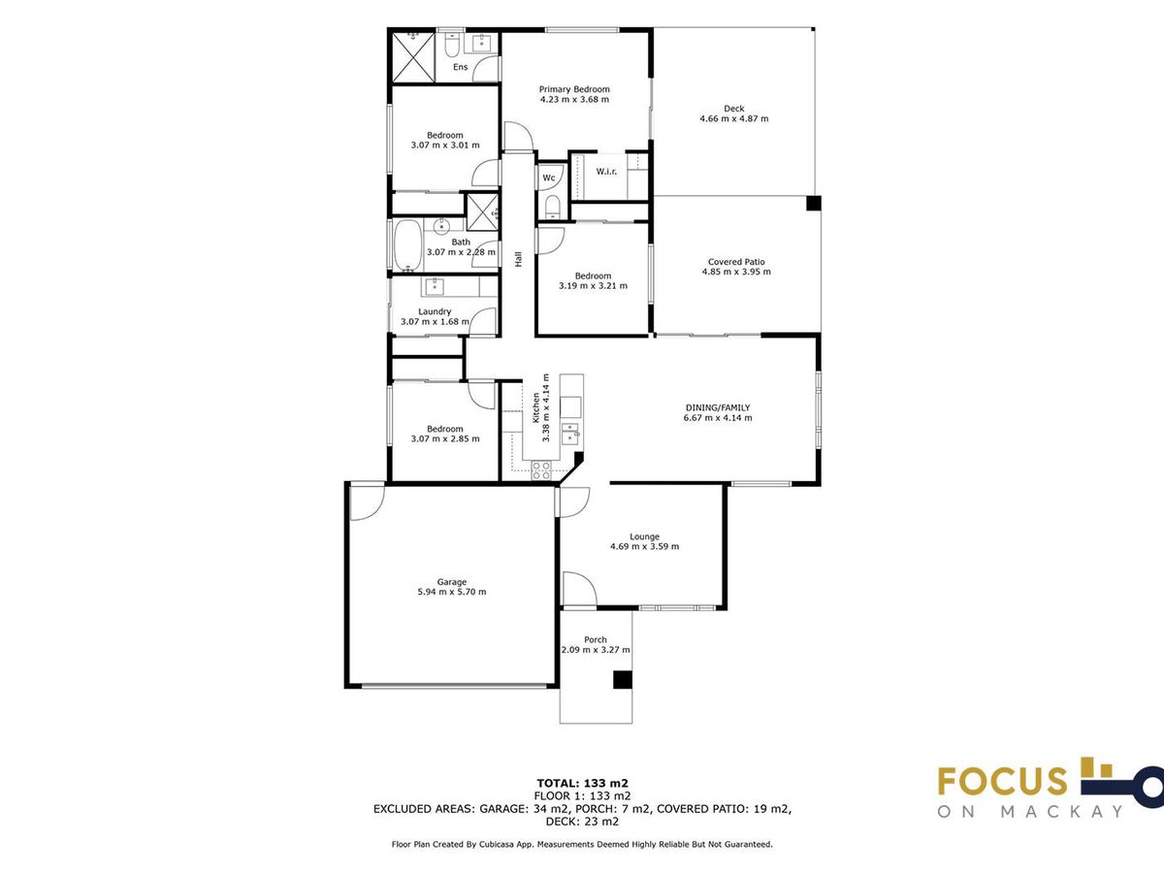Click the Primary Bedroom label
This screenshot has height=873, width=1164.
click(574, 89)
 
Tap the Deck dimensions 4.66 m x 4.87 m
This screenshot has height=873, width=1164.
click(734, 118)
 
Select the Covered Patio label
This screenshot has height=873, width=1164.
click(736, 262)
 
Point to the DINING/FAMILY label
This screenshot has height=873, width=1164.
click(718, 407)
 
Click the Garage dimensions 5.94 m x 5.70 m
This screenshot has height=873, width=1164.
click(452, 592)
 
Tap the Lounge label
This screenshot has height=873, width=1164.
click(645, 537)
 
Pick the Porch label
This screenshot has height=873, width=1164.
click(596, 640)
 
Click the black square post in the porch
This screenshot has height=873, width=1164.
click(623, 680)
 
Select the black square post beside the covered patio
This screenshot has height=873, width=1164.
click(814, 203)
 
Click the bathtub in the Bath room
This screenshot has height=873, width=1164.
click(407, 246)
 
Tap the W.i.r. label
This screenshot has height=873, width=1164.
click(606, 172)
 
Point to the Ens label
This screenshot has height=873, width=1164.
click(461, 67)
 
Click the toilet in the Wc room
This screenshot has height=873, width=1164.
click(553, 207)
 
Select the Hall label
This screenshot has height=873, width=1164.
click(518, 259)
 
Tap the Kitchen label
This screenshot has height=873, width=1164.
click(536, 407)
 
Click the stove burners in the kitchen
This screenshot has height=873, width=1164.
click(541, 470)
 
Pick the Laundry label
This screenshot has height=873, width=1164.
click(435, 311)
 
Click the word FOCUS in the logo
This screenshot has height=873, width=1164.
click(1002, 781)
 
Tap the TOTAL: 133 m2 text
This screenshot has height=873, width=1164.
click(582, 783)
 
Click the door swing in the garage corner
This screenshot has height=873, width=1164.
click(367, 501)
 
